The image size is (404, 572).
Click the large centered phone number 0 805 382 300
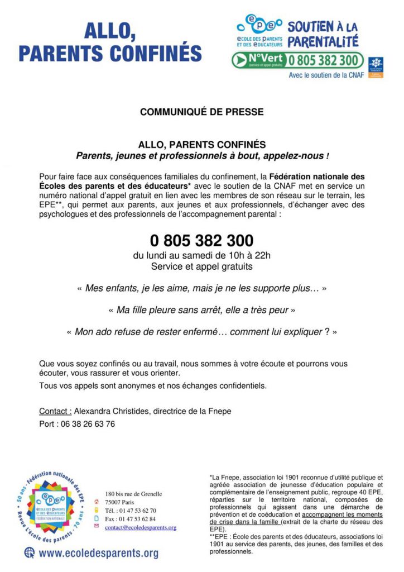click(201, 241)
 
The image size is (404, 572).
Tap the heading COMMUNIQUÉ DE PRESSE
click(201, 112)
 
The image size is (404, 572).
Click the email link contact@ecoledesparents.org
click(141, 527)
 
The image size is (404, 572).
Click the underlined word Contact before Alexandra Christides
click(55, 412)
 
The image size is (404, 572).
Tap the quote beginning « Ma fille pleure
click(201, 309)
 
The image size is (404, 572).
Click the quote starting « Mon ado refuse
click(201, 331)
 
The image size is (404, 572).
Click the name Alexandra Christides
click(113, 412)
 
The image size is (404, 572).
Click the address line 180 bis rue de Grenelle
click(133, 494)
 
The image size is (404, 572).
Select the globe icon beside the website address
click(28, 553)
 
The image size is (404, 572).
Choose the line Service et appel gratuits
click(201, 267)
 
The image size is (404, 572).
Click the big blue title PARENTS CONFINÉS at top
click(110, 53)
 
